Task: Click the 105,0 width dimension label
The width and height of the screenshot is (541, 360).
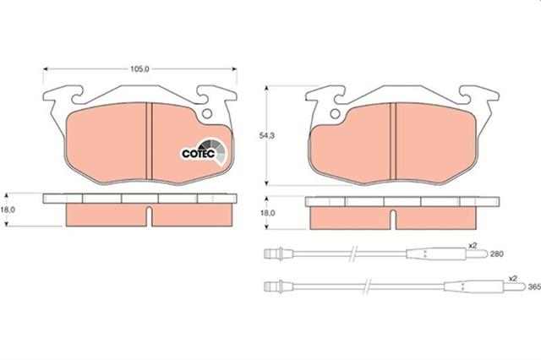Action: (x=139, y=69)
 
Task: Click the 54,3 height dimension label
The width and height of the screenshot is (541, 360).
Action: (x=267, y=136)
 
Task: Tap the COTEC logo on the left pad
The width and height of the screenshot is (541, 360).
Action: (x=204, y=152)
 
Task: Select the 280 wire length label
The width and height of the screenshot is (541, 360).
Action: (x=497, y=254)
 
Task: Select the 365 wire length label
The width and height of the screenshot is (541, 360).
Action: (x=534, y=286)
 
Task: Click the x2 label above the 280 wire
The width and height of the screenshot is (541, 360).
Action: (x=473, y=246)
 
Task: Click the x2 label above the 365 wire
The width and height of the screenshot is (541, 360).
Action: (x=513, y=278)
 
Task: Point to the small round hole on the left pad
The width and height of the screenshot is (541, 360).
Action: (x=207, y=113)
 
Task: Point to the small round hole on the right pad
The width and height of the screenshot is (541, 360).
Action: (x=335, y=113)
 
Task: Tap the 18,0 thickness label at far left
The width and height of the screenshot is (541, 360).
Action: (x=8, y=210)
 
